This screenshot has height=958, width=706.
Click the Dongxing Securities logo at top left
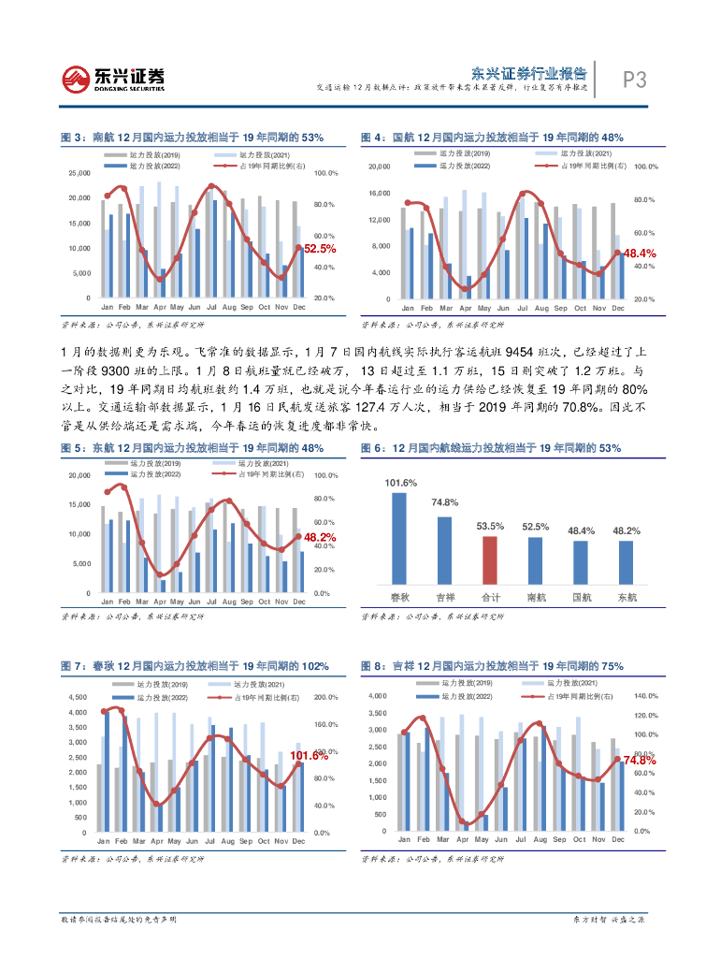pyautogui.click(x=113, y=79)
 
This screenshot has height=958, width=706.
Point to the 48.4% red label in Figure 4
pyautogui.click(x=640, y=254)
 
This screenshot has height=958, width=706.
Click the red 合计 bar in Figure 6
pyautogui.click(x=490, y=559)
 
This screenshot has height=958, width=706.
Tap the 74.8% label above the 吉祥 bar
pyautogui.click(x=444, y=503)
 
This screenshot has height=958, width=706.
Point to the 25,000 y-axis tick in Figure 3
pyautogui.click(x=79, y=173)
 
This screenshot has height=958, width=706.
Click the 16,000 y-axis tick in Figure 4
pyautogui.click(x=378, y=194)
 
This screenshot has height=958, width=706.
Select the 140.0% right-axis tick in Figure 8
pyautogui.click(x=647, y=697)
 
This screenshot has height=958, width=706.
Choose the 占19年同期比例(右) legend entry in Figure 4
pyautogui.click(x=593, y=165)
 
